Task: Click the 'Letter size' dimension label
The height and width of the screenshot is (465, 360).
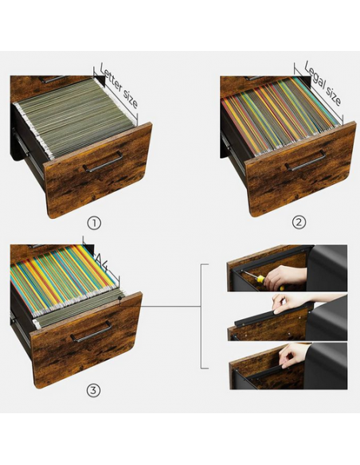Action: click(119, 86)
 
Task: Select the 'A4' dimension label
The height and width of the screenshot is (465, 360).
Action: click(101, 261)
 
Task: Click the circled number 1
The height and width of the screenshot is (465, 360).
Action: click(94, 223)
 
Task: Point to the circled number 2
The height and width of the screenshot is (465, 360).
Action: click(299, 222)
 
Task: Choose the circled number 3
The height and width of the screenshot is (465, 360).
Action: click(93, 391)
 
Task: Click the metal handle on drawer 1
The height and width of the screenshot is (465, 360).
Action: click(102, 162)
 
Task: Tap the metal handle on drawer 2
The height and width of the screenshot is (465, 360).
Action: click(305, 161)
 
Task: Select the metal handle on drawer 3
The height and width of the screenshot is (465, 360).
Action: click(92, 331)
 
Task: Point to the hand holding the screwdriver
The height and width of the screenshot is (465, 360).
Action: click(284, 278)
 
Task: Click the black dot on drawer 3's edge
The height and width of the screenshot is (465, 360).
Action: click(119, 298)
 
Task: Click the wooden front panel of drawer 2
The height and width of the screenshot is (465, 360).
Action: click(301, 169)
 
